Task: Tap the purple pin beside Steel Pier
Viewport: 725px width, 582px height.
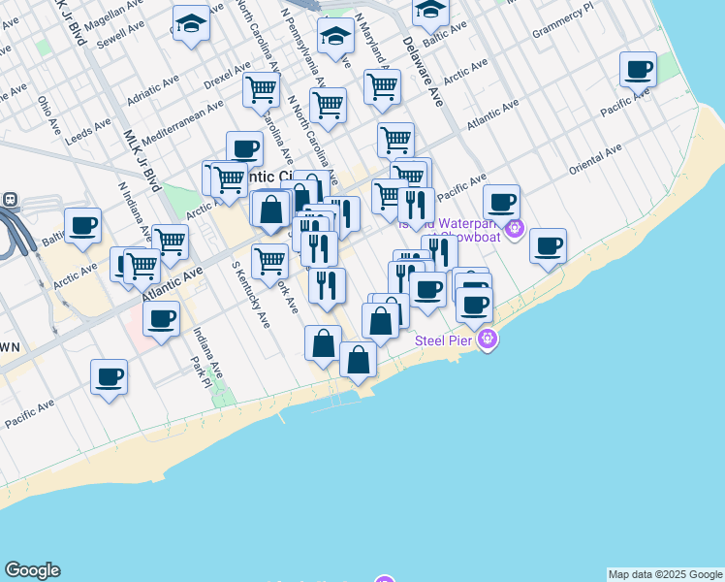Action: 488,339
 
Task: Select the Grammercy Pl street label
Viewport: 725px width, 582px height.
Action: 561,26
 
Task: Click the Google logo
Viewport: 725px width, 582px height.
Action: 32,570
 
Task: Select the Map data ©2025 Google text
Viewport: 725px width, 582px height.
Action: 665,574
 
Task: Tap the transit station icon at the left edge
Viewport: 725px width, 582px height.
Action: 9,199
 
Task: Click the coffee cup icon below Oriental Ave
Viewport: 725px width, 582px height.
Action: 548,244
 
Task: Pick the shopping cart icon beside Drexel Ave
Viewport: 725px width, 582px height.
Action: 261,89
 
